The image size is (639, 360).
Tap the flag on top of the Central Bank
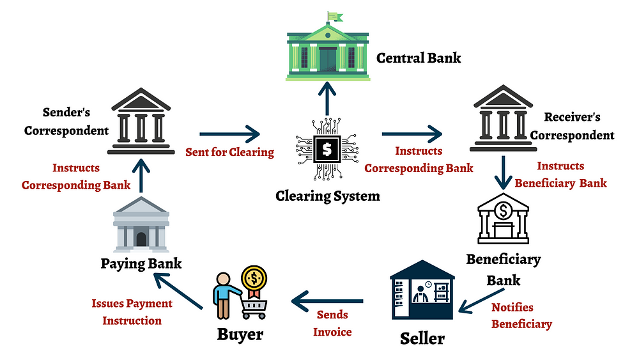click(334, 15)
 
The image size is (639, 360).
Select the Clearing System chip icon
click(327, 150)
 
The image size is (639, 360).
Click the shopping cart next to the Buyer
click(254, 306)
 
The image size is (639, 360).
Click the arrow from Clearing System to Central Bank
click(327, 100)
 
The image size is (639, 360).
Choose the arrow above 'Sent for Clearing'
click(230, 134)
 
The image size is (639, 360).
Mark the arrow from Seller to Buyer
click(328, 301)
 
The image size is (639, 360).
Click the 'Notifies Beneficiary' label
click(521, 316)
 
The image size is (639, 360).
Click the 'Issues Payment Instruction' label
click(132, 311)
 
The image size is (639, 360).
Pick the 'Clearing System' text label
click(327, 195)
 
